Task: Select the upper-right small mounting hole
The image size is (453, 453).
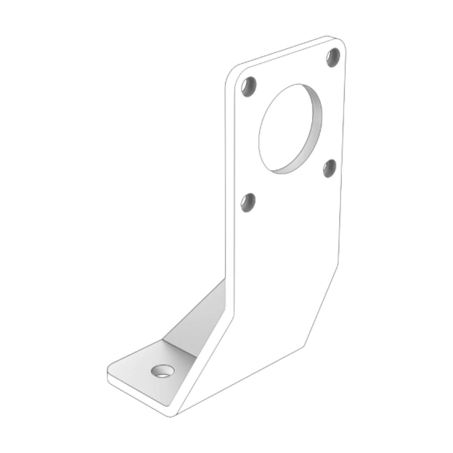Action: pyautogui.click(x=333, y=57)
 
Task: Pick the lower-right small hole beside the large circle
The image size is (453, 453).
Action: pyautogui.click(x=329, y=168)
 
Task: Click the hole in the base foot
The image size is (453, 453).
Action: pyautogui.click(x=162, y=371)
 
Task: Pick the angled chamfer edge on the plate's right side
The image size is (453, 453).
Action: pyautogui.click(x=321, y=306)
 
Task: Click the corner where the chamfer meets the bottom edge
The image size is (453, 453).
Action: pyautogui.click(x=303, y=345)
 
